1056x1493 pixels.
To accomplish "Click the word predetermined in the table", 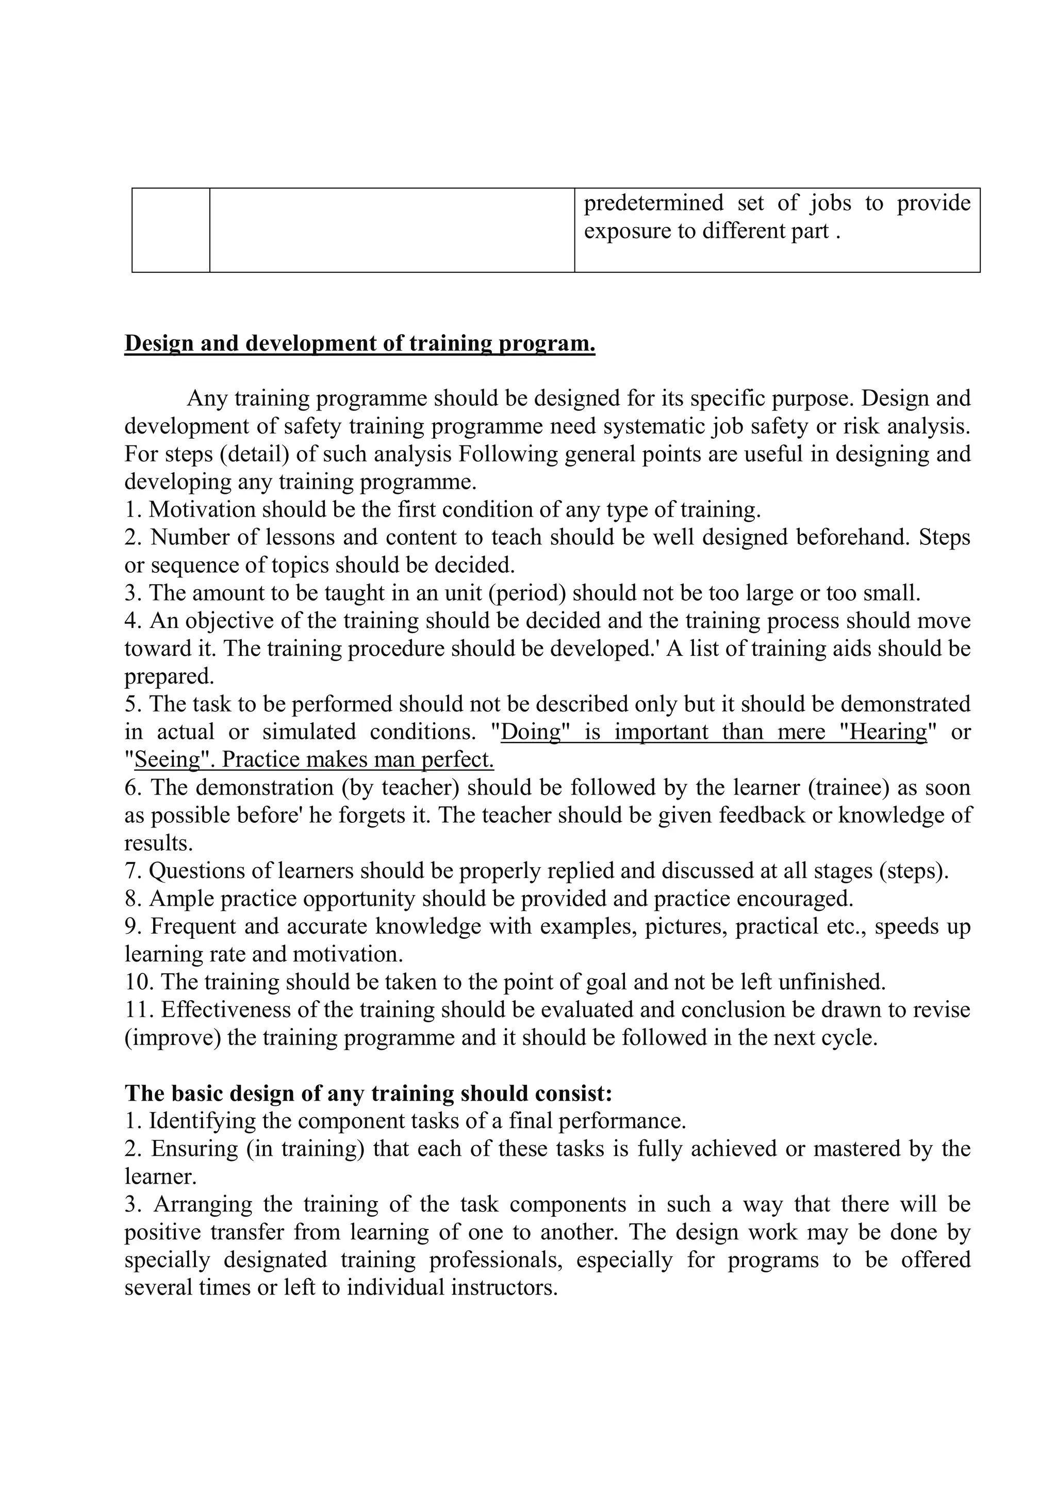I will click(653, 204).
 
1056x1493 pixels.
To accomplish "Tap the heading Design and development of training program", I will click(359, 343).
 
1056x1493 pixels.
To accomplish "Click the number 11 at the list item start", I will click(136, 1010).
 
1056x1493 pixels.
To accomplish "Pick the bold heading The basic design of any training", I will click(368, 1093).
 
